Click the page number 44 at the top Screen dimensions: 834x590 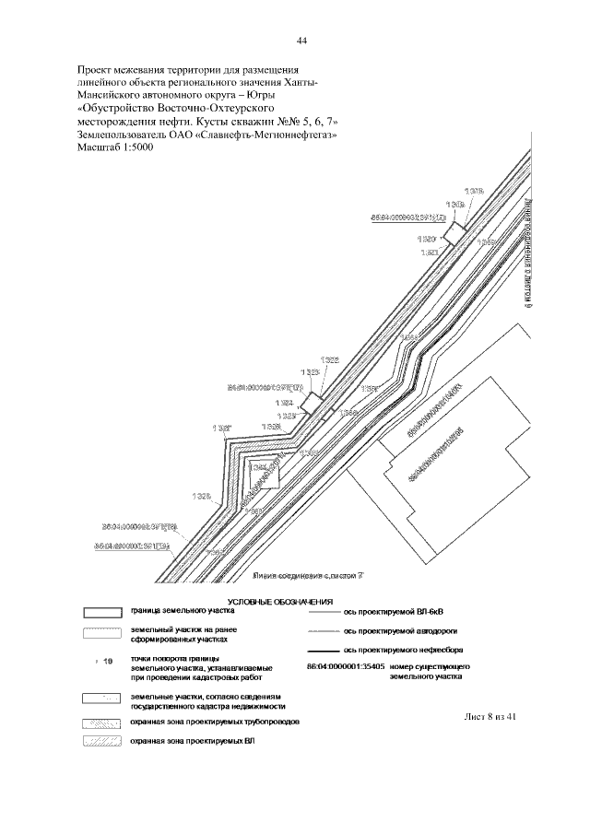coord(301,40)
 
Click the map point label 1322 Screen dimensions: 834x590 coord(330,359)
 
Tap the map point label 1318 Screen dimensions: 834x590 coord(474,191)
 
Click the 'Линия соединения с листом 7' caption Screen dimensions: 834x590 coord(310,576)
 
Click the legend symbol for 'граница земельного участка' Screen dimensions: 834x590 coord(103,612)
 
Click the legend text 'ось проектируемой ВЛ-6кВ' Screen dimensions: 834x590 coord(399,611)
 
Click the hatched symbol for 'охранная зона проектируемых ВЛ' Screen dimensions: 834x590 coord(103,741)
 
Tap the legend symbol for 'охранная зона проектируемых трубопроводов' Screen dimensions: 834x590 coord(103,722)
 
